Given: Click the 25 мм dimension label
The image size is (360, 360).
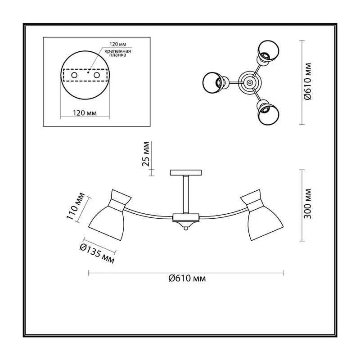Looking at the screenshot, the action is click(x=146, y=154).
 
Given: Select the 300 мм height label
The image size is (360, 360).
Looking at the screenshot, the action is click(x=307, y=204).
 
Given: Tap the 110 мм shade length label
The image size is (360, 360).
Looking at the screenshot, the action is click(x=76, y=207).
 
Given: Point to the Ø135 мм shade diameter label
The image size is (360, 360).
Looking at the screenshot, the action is click(x=97, y=253).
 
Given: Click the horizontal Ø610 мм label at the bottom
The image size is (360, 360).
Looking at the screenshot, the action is click(x=187, y=278).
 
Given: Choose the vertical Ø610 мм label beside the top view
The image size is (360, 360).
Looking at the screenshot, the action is click(x=307, y=81).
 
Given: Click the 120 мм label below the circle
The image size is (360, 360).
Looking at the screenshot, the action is click(x=85, y=113).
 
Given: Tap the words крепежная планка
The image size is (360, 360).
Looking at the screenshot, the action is click(x=117, y=53).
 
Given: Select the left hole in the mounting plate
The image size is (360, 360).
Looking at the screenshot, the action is click(x=74, y=75).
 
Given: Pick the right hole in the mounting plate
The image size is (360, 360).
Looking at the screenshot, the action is click(x=97, y=75).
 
